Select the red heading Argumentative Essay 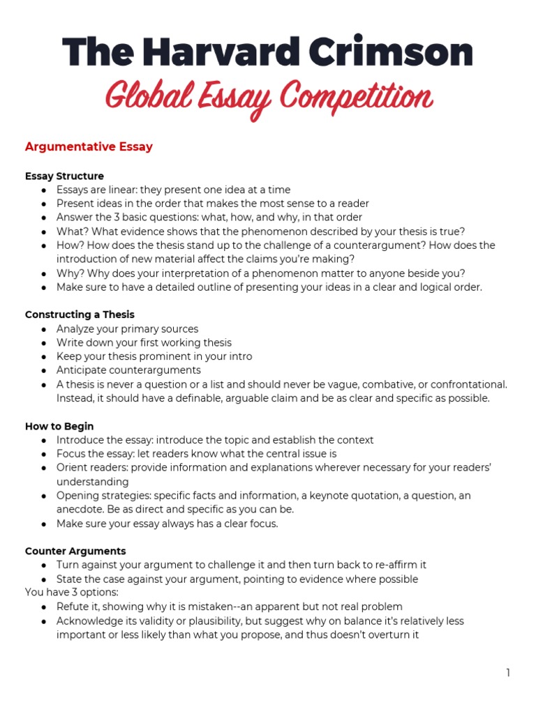coord(89,147)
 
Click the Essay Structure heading coord(64,176)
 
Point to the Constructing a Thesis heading coord(80,314)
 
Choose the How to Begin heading coord(59,426)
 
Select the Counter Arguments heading coord(75,551)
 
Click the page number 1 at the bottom coord(509,673)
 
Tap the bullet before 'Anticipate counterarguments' coord(44,370)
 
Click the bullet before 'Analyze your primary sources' coord(44,329)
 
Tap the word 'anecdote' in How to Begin coord(77,509)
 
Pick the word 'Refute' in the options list coord(72,607)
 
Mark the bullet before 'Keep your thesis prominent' coord(44,356)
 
